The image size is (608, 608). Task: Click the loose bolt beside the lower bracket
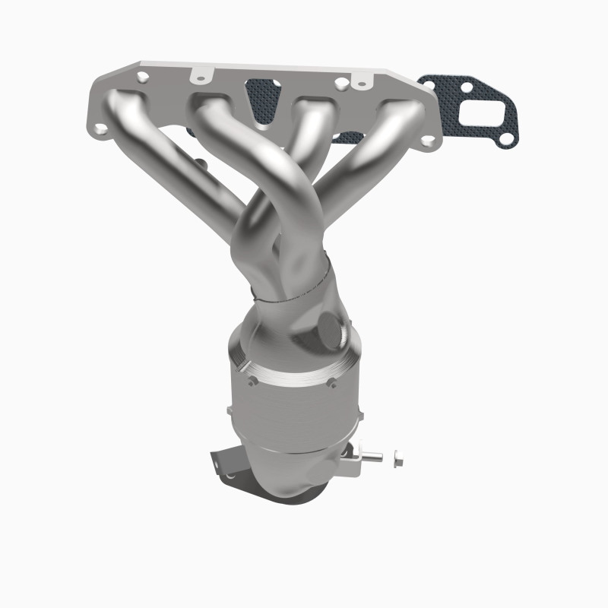(397, 460)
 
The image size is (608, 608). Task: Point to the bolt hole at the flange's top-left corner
(142, 77)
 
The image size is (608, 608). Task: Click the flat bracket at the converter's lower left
(223, 463)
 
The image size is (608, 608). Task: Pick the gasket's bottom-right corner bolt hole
(507, 138)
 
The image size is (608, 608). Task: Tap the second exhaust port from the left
(213, 106)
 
